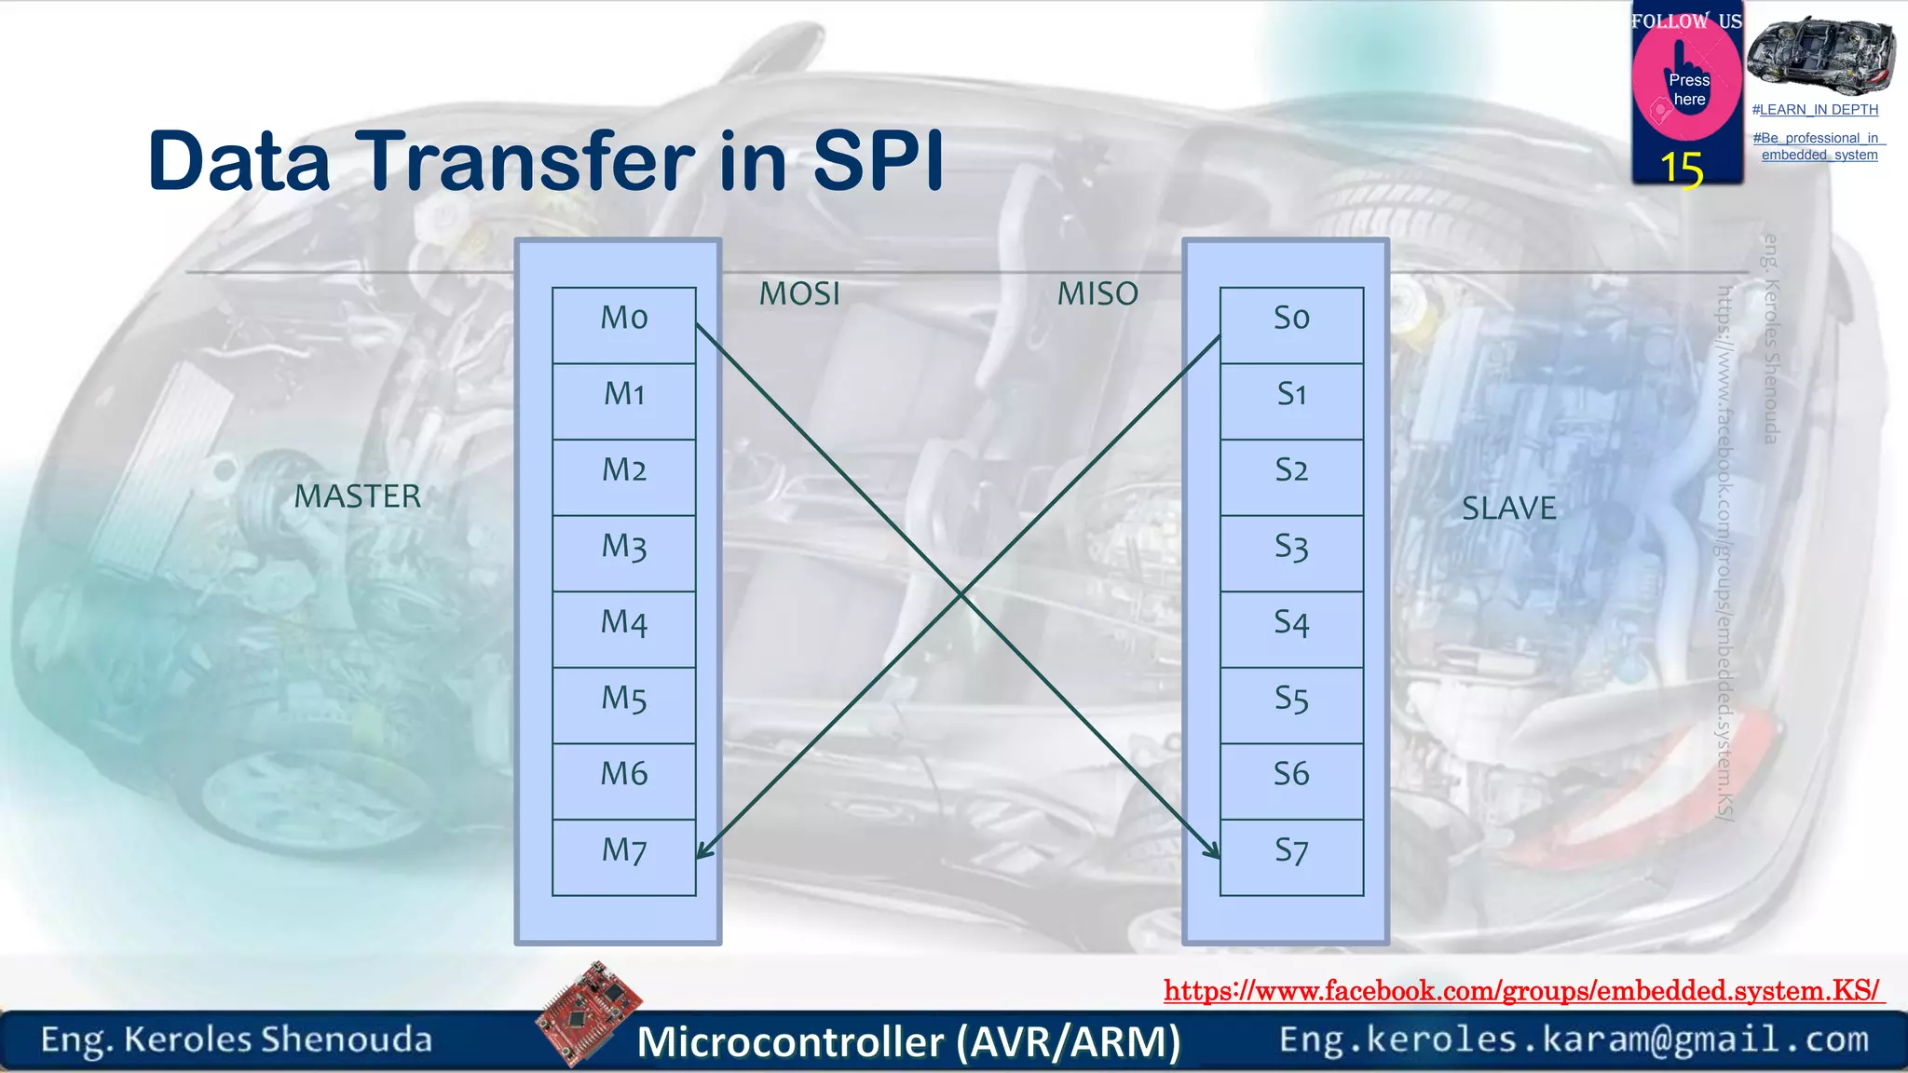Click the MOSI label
(x=799, y=294)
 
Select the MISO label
(x=1097, y=294)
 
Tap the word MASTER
(x=358, y=496)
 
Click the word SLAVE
(x=1508, y=509)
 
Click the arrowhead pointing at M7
(x=704, y=850)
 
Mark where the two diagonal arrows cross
(x=960, y=593)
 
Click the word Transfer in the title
(x=525, y=161)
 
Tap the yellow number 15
(x=1682, y=170)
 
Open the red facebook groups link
(x=1522, y=990)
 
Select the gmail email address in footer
(x=1574, y=1039)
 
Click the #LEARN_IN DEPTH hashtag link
(x=1815, y=110)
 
